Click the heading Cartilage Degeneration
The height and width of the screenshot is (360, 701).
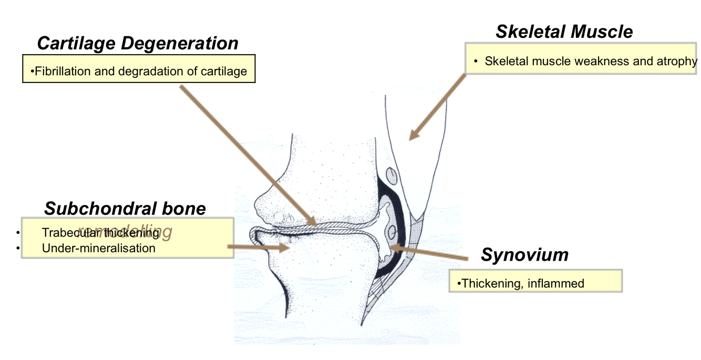(x=138, y=43)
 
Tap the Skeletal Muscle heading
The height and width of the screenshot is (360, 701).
(x=564, y=32)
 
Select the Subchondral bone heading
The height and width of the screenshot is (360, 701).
(x=125, y=209)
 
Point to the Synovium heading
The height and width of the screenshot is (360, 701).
(x=524, y=255)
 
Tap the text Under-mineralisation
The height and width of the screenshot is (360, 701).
(x=99, y=248)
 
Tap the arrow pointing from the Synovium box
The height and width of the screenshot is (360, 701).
(x=428, y=252)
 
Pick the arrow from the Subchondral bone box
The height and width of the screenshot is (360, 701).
(x=258, y=246)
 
